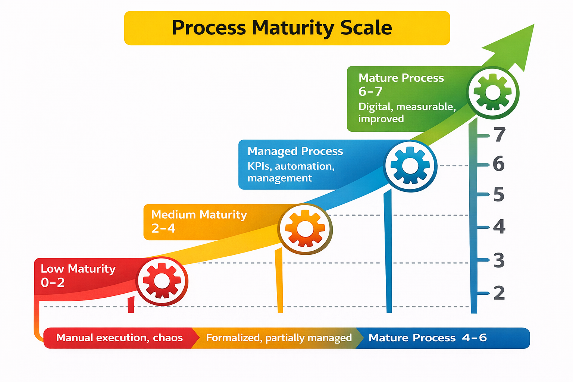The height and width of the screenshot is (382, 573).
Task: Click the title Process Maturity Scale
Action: tap(282, 28)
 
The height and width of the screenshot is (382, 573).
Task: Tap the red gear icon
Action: tap(162, 281)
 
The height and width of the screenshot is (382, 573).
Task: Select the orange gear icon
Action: tap(305, 229)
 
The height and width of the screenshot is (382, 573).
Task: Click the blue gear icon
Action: tap(410, 166)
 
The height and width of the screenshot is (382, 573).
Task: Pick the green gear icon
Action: tap(493, 93)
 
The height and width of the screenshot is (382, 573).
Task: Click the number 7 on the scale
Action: tap(500, 135)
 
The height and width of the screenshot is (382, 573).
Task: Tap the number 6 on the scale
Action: tap(499, 164)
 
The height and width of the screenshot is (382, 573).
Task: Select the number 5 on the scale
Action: tap(499, 194)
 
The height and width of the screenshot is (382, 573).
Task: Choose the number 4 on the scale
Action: tap(499, 226)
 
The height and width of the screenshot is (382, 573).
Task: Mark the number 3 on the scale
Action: tap(499, 260)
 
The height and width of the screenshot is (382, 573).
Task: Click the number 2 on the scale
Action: tap(499, 293)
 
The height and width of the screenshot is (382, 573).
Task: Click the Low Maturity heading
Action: tap(78, 269)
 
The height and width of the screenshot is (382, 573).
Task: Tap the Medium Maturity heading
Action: tap(199, 215)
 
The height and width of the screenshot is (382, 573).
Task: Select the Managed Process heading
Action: tap(295, 151)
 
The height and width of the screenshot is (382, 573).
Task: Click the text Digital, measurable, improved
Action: tap(407, 113)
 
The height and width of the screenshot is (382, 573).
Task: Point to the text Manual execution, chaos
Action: tap(119, 338)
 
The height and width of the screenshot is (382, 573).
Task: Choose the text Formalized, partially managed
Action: tap(279, 338)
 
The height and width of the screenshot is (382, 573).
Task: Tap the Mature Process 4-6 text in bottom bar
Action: tap(428, 338)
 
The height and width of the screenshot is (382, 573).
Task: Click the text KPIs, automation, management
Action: tap(291, 172)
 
